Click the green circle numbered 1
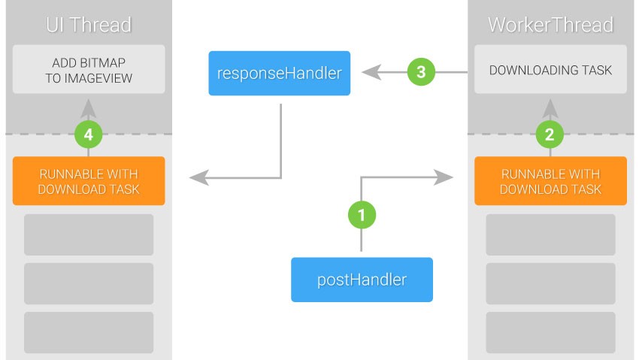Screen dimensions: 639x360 coord(362,215)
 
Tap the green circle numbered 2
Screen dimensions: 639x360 coord(550,135)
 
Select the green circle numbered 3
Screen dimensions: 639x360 coord(421,72)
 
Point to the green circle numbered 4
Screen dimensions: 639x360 coord(89,135)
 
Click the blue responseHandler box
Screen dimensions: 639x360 coord(280,74)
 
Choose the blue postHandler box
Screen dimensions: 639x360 coord(362,280)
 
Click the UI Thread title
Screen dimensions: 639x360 coord(89,25)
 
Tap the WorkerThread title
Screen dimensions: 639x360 coord(550,25)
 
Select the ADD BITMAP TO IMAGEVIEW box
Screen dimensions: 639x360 coord(89,69)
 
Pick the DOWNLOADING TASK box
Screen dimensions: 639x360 coord(550,69)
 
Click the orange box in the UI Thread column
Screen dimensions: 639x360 coord(89,181)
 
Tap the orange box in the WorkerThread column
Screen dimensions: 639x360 coord(550,181)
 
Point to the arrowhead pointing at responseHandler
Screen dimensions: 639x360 coord(371,72)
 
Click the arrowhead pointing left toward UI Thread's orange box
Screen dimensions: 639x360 coord(199,177)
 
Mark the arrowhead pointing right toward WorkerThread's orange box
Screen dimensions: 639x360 coord(444,177)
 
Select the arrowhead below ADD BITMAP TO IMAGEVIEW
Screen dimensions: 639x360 coord(89,109)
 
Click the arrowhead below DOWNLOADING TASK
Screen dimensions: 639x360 coord(550,109)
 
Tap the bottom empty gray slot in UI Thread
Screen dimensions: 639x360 coord(89,333)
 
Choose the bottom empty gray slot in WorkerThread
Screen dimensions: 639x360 coord(550,333)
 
